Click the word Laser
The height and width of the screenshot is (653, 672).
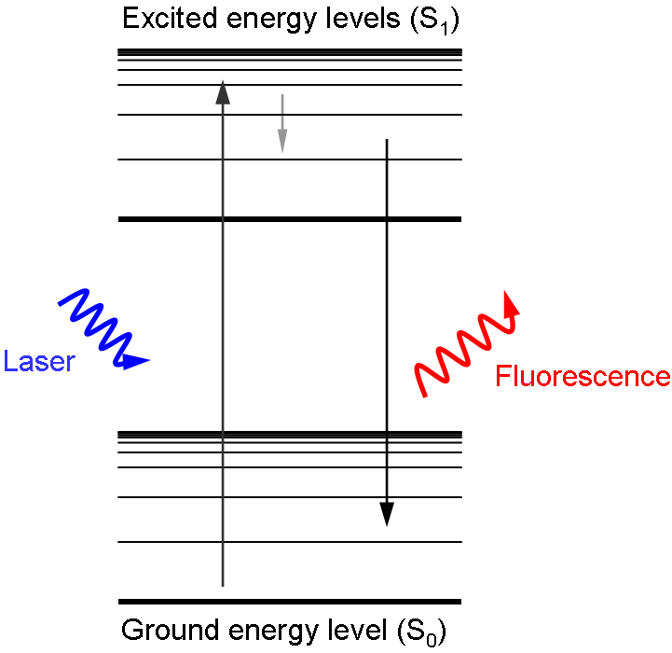click(x=39, y=361)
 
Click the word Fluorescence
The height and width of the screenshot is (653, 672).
click(x=583, y=377)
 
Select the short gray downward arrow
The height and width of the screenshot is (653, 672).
click(x=282, y=122)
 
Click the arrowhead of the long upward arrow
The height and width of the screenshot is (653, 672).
click(x=222, y=91)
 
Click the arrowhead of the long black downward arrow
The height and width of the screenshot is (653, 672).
click(x=387, y=514)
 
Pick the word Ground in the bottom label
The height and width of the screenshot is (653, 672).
click(x=164, y=631)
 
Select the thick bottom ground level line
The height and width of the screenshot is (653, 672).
click(x=290, y=602)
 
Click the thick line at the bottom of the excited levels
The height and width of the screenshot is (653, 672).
click(x=290, y=219)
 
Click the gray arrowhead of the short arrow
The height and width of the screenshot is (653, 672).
click(x=282, y=142)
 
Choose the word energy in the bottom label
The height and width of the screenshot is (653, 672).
click(x=261, y=632)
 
